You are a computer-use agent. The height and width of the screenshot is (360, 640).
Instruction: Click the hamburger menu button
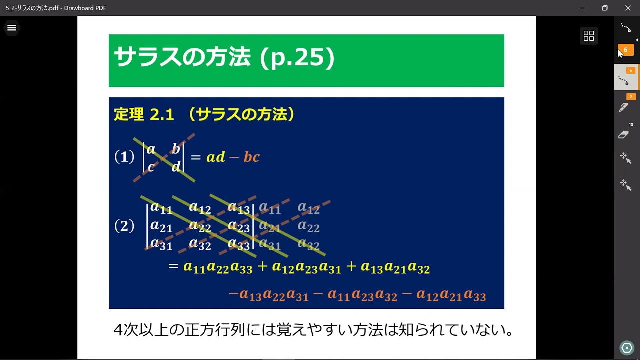click(12, 28)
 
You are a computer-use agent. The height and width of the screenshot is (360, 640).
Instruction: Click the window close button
click(628, 8)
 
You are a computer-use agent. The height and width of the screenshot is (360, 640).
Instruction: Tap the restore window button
click(605, 8)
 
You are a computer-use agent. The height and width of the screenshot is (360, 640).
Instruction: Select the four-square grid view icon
click(589, 35)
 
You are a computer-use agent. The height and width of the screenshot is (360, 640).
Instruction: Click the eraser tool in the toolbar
click(624, 135)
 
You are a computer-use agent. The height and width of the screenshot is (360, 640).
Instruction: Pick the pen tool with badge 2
click(624, 106)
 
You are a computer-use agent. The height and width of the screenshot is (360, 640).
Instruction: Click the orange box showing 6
click(625, 50)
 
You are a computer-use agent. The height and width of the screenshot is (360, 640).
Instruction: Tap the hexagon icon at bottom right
click(626, 348)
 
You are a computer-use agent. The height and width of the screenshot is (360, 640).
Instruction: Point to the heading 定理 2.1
click(144, 115)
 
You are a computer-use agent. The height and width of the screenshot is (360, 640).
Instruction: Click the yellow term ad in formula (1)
click(216, 157)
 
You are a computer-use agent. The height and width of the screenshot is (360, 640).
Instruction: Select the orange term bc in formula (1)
click(251, 157)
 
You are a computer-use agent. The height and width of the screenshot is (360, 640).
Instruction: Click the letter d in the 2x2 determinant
click(176, 167)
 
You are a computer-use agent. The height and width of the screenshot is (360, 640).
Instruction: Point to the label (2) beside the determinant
click(124, 226)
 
